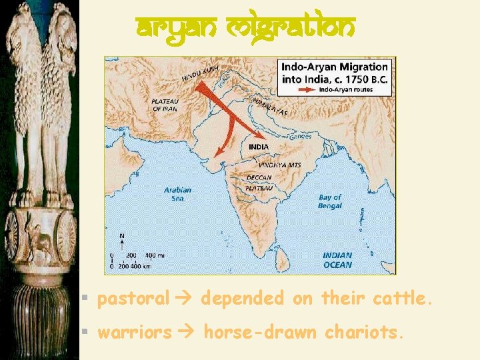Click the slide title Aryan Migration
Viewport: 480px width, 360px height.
(245, 28)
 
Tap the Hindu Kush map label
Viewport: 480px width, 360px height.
(201, 73)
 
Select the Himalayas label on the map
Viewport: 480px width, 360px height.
(270, 107)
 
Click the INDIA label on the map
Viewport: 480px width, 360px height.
(259, 146)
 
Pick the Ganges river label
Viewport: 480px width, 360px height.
(299, 137)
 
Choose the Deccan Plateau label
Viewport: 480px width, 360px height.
(259, 183)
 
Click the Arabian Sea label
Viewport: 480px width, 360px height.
(177, 194)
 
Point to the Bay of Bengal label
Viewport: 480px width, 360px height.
(330, 201)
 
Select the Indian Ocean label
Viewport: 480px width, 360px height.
(338, 259)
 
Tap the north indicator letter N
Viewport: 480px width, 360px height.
(121, 235)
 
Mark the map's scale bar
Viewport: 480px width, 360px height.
(137, 260)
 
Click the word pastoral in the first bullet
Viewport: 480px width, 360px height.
(133, 299)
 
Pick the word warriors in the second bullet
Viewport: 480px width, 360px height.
(135, 332)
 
